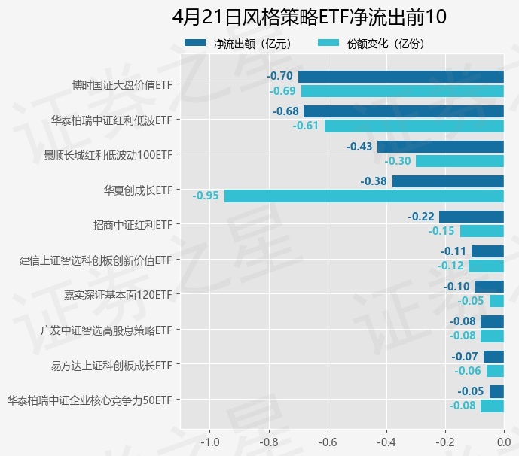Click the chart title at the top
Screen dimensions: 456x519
tap(309, 17)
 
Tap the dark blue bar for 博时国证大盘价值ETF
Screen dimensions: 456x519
tap(401, 76)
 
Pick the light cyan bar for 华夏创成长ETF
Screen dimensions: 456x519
tap(364, 196)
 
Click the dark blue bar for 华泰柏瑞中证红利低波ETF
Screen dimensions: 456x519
tap(404, 111)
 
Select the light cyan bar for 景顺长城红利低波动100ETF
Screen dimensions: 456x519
tap(459, 161)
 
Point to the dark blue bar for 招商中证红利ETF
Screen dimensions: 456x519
tap(472, 216)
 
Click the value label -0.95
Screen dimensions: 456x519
tap(206, 196)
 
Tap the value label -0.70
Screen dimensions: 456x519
tap(279, 76)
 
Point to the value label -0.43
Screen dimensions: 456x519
tap(359, 146)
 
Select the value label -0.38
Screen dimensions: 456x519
tap(374, 181)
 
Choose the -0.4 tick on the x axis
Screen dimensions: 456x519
tap(386, 442)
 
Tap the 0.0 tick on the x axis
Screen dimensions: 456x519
tap(503, 442)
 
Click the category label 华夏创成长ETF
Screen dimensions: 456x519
tap(138, 189)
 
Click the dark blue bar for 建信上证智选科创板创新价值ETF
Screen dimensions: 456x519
tap(487, 251)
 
